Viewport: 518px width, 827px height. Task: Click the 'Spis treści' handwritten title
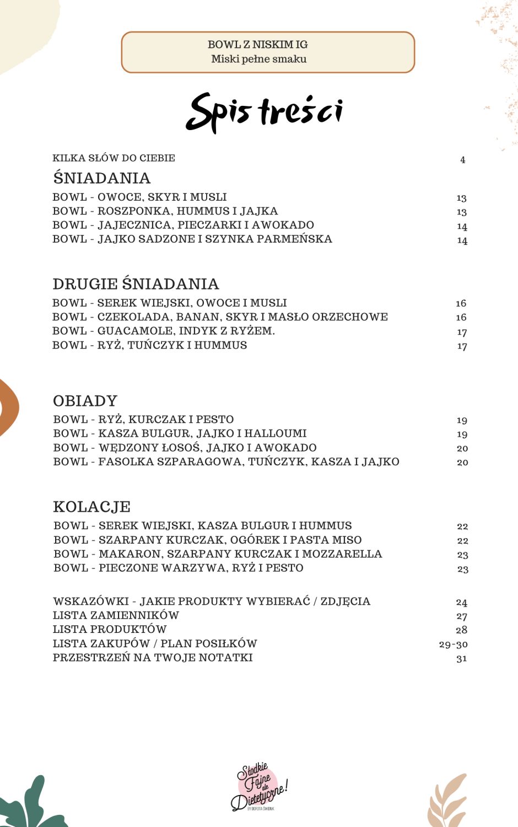click(265, 112)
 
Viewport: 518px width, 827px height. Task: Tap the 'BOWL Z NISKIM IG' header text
click(257, 45)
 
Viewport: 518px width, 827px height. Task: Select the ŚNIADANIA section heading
click(102, 178)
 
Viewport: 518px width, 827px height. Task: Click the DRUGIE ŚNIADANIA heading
click(136, 284)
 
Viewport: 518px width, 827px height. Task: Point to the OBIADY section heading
click(85, 401)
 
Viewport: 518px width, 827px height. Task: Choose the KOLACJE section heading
click(92, 507)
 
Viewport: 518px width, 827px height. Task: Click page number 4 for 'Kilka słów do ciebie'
click(463, 160)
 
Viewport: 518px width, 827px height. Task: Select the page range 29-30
click(453, 644)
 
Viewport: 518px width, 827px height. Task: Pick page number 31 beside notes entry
click(462, 658)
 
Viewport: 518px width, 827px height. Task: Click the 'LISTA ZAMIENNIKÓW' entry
click(116, 615)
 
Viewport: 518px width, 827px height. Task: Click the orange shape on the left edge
click(8, 407)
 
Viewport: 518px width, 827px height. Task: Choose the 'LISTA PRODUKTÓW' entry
click(110, 629)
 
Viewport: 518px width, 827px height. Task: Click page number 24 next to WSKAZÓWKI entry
click(462, 602)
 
